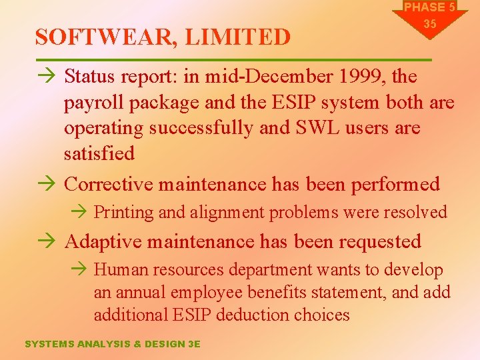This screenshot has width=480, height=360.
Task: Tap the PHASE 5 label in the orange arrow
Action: point(429,7)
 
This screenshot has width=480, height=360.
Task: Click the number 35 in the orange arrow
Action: point(429,23)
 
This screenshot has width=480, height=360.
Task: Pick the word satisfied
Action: point(99,153)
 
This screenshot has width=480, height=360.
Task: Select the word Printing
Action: point(124,213)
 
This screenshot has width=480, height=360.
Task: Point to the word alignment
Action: point(227,213)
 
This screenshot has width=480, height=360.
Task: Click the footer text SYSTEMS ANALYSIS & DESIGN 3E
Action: point(112,344)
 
